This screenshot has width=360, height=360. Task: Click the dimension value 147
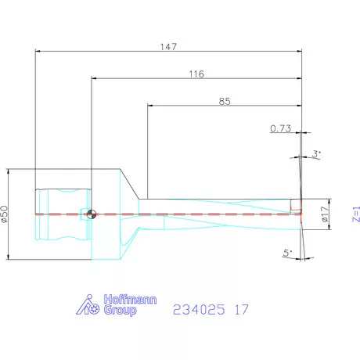[167, 47]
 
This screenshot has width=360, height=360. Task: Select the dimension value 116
[196, 74]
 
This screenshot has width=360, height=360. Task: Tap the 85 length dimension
[225, 100]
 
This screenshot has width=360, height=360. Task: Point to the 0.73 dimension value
[281, 128]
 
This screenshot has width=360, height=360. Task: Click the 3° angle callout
[316, 154]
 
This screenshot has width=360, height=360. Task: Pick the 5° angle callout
[287, 253]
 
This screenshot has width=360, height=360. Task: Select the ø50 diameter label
[5, 214]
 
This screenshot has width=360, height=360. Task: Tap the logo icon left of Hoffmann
[90, 305]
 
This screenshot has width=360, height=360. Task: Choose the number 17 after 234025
[241, 310]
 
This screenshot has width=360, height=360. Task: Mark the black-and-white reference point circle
[92, 214]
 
